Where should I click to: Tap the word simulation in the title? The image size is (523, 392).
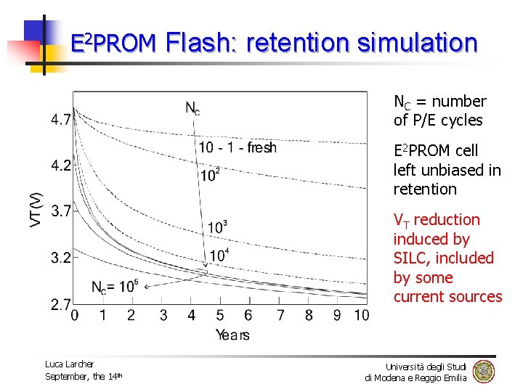(x=417, y=43)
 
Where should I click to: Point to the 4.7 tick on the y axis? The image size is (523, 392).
(x=61, y=118)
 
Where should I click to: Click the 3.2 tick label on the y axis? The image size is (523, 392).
(x=61, y=256)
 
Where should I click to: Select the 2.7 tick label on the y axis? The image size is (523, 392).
(x=61, y=304)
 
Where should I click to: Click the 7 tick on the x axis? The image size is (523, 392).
(x=280, y=315)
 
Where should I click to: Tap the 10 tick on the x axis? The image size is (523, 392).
(x=361, y=315)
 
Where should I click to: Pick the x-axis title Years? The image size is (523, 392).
(x=232, y=335)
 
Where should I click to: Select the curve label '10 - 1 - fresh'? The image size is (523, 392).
(x=238, y=148)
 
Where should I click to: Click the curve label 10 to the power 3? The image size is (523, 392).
(x=217, y=226)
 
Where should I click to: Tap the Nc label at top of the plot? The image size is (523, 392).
(x=192, y=109)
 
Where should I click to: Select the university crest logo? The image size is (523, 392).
(x=483, y=372)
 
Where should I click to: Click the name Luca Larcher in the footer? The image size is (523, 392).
(x=70, y=364)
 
